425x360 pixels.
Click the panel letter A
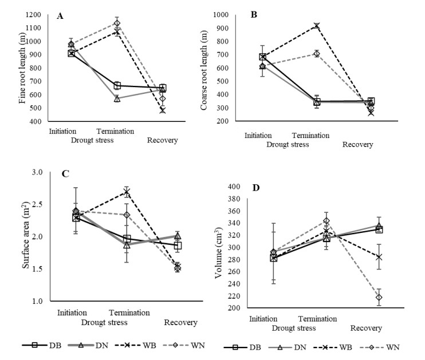point(60,17)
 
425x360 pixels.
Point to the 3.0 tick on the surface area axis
point(38,172)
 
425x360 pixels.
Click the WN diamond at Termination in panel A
point(117,23)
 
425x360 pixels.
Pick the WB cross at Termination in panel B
point(316,26)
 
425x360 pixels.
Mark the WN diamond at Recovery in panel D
point(379,297)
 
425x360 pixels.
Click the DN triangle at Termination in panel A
point(117,98)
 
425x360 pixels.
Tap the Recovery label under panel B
point(357,145)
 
